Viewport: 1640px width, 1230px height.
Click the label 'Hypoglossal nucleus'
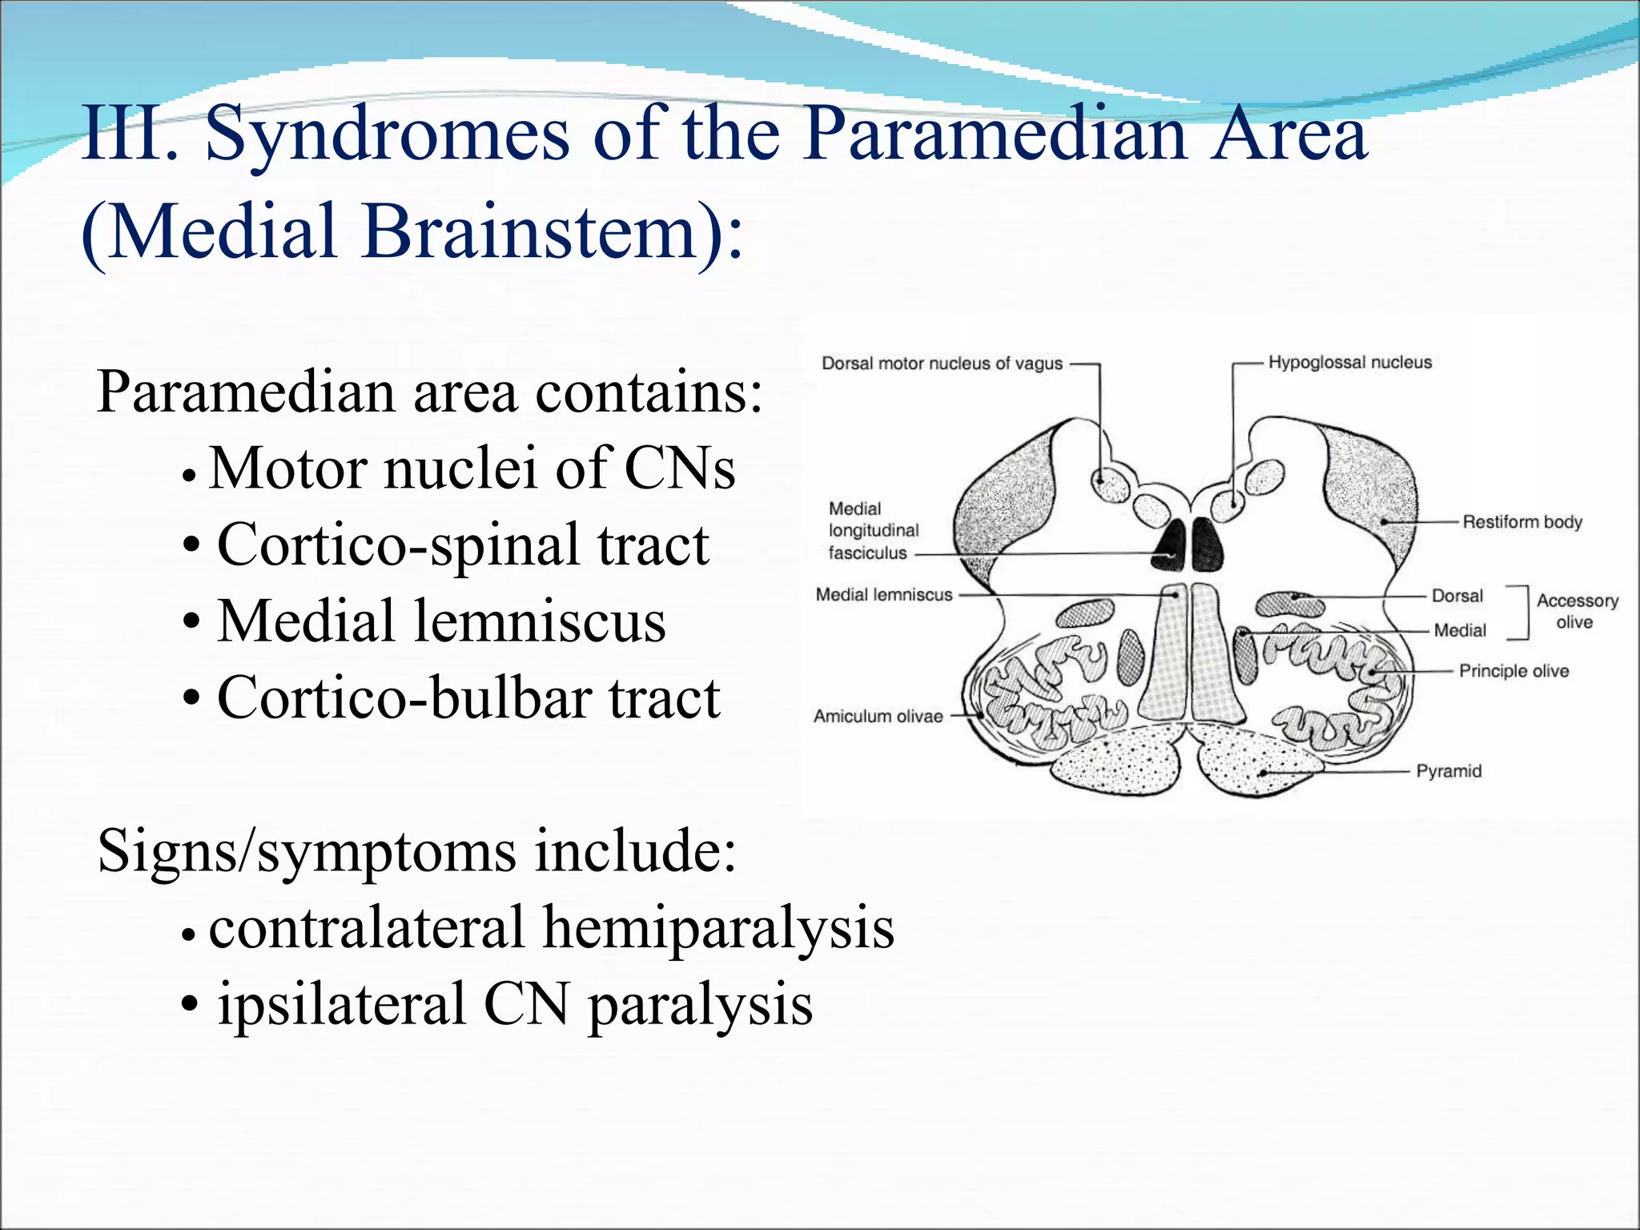(x=1349, y=363)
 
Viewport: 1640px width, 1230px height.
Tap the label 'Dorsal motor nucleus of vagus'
(x=942, y=364)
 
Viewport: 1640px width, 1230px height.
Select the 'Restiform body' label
(x=1521, y=522)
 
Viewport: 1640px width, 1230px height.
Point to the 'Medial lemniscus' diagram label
(x=884, y=595)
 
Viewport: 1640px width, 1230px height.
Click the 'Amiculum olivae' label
(x=878, y=717)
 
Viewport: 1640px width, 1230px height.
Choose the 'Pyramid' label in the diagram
(x=1449, y=771)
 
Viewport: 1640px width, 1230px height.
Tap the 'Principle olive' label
(x=1513, y=671)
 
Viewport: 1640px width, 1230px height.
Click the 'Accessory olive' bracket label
(x=1577, y=611)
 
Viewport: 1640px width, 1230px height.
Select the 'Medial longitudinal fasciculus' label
(x=873, y=531)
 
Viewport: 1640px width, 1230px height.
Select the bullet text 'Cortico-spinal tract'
(x=463, y=545)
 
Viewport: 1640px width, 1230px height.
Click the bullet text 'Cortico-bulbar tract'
(x=468, y=697)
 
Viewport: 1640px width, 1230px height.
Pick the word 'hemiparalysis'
(x=718, y=927)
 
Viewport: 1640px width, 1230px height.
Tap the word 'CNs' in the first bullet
(x=679, y=468)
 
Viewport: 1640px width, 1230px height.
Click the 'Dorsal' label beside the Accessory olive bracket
(x=1457, y=596)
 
